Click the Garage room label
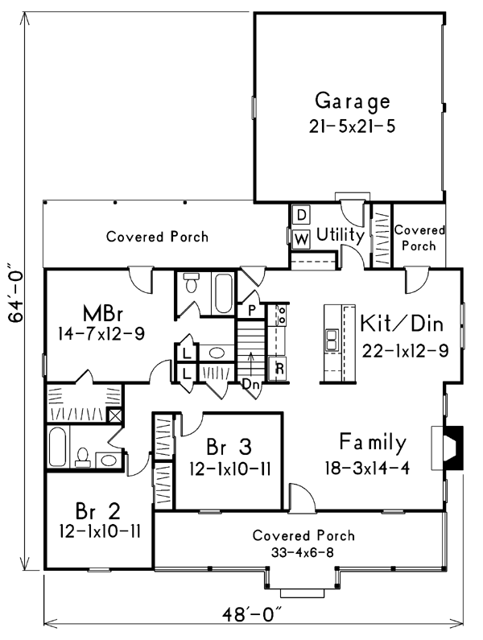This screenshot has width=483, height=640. [353, 101]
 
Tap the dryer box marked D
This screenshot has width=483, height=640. [301, 215]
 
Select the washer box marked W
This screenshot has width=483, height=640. [301, 239]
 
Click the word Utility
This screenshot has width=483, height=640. [340, 236]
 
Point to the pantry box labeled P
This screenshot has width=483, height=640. [251, 311]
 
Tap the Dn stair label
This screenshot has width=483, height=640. [251, 384]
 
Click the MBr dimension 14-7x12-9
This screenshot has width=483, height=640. [101, 334]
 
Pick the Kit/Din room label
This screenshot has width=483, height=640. [402, 324]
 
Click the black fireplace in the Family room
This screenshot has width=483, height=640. [453, 448]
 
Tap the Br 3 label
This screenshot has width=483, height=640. [229, 447]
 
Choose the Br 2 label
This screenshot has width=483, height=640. [98, 511]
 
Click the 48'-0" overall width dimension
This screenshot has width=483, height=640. [253, 614]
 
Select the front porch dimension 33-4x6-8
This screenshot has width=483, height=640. [303, 552]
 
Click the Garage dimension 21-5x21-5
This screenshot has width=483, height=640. [352, 126]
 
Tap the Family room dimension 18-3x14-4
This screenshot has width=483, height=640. [367, 469]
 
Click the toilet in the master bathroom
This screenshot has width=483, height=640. [191, 283]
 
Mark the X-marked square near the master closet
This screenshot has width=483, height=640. [114, 415]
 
